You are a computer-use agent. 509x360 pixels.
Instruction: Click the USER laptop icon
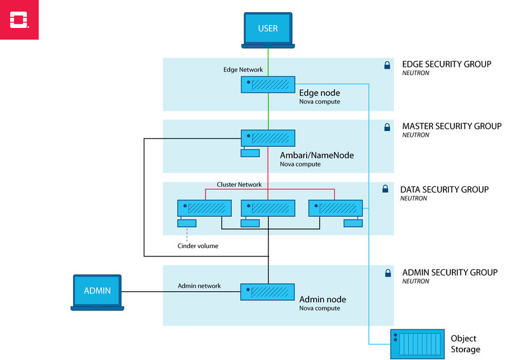click(x=268, y=30)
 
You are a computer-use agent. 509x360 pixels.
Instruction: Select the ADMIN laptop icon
click(x=97, y=292)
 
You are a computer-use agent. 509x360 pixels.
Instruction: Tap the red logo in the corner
click(x=19, y=20)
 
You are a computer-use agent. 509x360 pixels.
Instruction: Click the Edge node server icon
click(x=268, y=85)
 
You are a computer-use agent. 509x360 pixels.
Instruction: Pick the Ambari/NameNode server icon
click(x=268, y=138)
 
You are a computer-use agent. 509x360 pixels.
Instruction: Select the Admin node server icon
click(x=268, y=292)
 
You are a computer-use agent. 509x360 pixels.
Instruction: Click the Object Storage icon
click(x=416, y=345)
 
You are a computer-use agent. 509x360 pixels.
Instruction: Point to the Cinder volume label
click(x=198, y=246)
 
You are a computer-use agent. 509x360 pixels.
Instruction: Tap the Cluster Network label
click(x=239, y=184)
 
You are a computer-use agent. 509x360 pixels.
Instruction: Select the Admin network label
click(x=199, y=286)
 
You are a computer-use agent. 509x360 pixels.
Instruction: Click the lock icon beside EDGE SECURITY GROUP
click(x=386, y=65)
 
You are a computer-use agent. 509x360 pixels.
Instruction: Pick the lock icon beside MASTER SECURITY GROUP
click(x=386, y=127)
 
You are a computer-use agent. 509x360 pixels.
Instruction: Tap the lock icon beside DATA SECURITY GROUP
click(x=385, y=189)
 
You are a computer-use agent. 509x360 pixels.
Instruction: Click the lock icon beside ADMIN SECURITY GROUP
click(x=386, y=273)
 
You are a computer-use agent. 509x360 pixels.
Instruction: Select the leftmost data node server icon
click(x=204, y=208)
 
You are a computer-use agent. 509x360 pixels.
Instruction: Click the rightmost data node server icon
click(x=335, y=208)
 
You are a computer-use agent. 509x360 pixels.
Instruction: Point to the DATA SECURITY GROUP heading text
click(x=444, y=190)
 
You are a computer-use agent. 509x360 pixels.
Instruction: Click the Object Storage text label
click(x=465, y=343)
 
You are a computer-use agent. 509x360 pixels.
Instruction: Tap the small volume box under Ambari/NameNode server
click(x=250, y=153)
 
